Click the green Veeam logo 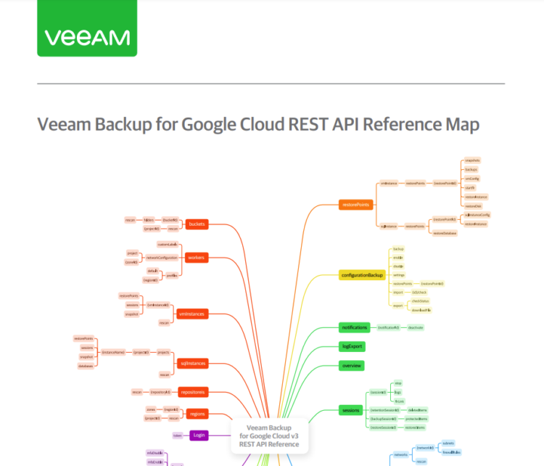pyautogui.click(x=87, y=37)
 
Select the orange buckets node pyautogui.click(x=197, y=224)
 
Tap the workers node pyautogui.click(x=196, y=258)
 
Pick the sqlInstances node pyautogui.click(x=193, y=362)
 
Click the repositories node pyautogui.click(x=194, y=391)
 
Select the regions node pyautogui.click(x=197, y=414)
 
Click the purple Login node pyautogui.click(x=199, y=435)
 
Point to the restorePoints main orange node pyautogui.click(x=355, y=205)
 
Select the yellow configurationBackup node pyautogui.click(x=361, y=276)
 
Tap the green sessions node pyautogui.click(x=350, y=410)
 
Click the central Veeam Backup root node pyautogui.click(x=269, y=436)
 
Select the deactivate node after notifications pyautogui.click(x=416, y=328)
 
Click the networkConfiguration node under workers pyautogui.click(x=162, y=258)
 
